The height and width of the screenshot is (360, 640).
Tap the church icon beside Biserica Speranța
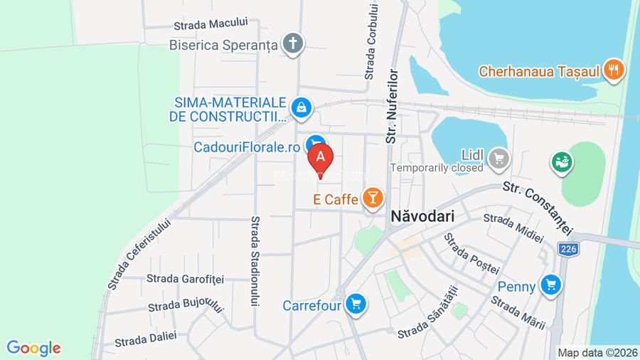tap(292, 44)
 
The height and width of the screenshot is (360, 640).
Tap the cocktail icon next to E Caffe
tap(372, 198)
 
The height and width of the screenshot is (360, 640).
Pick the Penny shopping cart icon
tap(550, 286)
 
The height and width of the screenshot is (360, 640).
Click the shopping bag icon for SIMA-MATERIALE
tap(302, 108)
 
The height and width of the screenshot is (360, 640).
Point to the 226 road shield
tap(567, 249)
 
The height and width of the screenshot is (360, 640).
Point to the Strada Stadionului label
tap(255, 261)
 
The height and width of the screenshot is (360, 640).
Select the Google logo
tap(33, 348)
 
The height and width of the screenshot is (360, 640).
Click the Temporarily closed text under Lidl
tap(437, 169)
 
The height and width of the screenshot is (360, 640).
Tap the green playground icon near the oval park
tap(562, 162)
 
